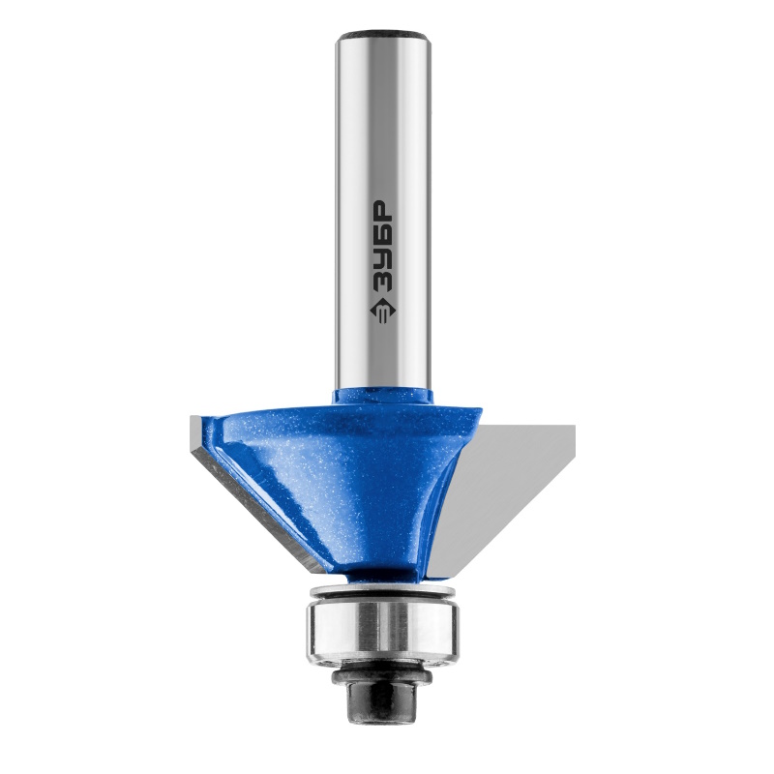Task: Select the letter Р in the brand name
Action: tap(381, 210)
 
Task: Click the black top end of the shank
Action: tap(382, 35)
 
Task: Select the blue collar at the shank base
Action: tap(382, 398)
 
